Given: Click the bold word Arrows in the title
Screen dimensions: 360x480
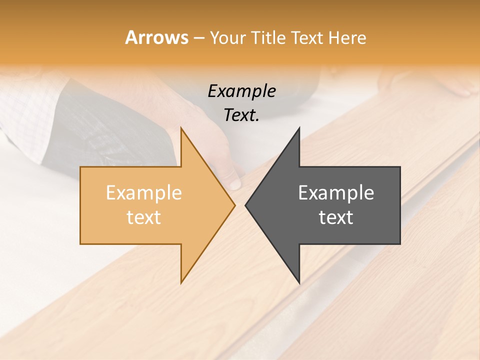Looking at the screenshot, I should pos(157,37).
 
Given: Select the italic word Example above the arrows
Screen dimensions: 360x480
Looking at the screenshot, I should pos(242,91).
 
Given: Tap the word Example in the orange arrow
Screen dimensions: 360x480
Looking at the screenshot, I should pos(144,193).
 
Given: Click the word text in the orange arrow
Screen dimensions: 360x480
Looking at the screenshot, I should pos(144,217).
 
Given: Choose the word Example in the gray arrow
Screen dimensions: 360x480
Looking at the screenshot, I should pos(336,193).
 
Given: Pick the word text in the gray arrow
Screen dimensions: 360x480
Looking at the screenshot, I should pos(336,217).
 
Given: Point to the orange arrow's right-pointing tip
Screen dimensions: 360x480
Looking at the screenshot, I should pos(234,205).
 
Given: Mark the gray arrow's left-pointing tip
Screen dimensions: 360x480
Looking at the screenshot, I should pos(246,205).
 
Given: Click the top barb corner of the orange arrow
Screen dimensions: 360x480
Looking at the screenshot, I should pos(181,128).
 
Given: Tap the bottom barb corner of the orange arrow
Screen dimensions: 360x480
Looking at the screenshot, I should pos(181,282).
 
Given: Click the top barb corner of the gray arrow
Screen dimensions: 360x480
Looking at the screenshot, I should pos(299,128).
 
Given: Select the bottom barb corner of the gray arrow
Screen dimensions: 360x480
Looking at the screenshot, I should pos(299,282).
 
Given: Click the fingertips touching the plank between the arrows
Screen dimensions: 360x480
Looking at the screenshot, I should pos(235,183).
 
